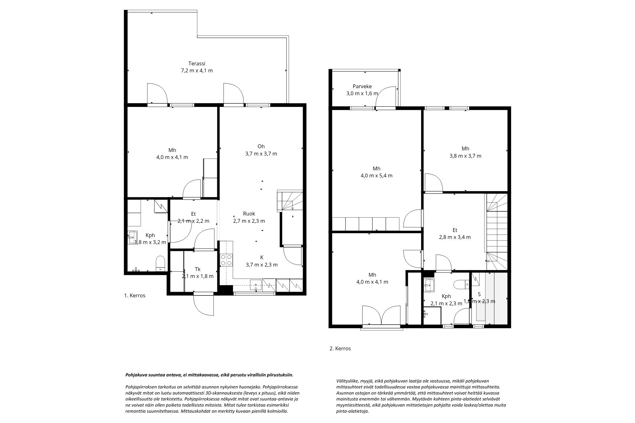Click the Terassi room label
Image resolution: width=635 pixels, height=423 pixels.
tap(197, 63)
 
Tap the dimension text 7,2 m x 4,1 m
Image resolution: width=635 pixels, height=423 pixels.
tap(197, 70)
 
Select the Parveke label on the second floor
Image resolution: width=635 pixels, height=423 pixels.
tap(362, 86)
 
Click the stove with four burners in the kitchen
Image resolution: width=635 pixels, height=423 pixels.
tap(227, 260)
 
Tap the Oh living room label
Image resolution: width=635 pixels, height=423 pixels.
tap(261, 146)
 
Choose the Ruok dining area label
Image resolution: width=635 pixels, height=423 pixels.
tap(249, 214)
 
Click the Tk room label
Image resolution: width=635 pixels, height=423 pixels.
tap(197, 269)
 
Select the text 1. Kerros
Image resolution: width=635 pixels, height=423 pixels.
tap(135, 295)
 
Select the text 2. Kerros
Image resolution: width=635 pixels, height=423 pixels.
tap(340, 348)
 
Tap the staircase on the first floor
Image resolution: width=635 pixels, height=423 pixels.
tap(290, 201)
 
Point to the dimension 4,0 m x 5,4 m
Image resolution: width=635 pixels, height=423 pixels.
tap(377, 175)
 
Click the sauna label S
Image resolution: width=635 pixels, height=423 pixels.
tap(479, 294)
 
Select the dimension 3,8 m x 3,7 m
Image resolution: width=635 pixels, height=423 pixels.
tap(465, 156)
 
